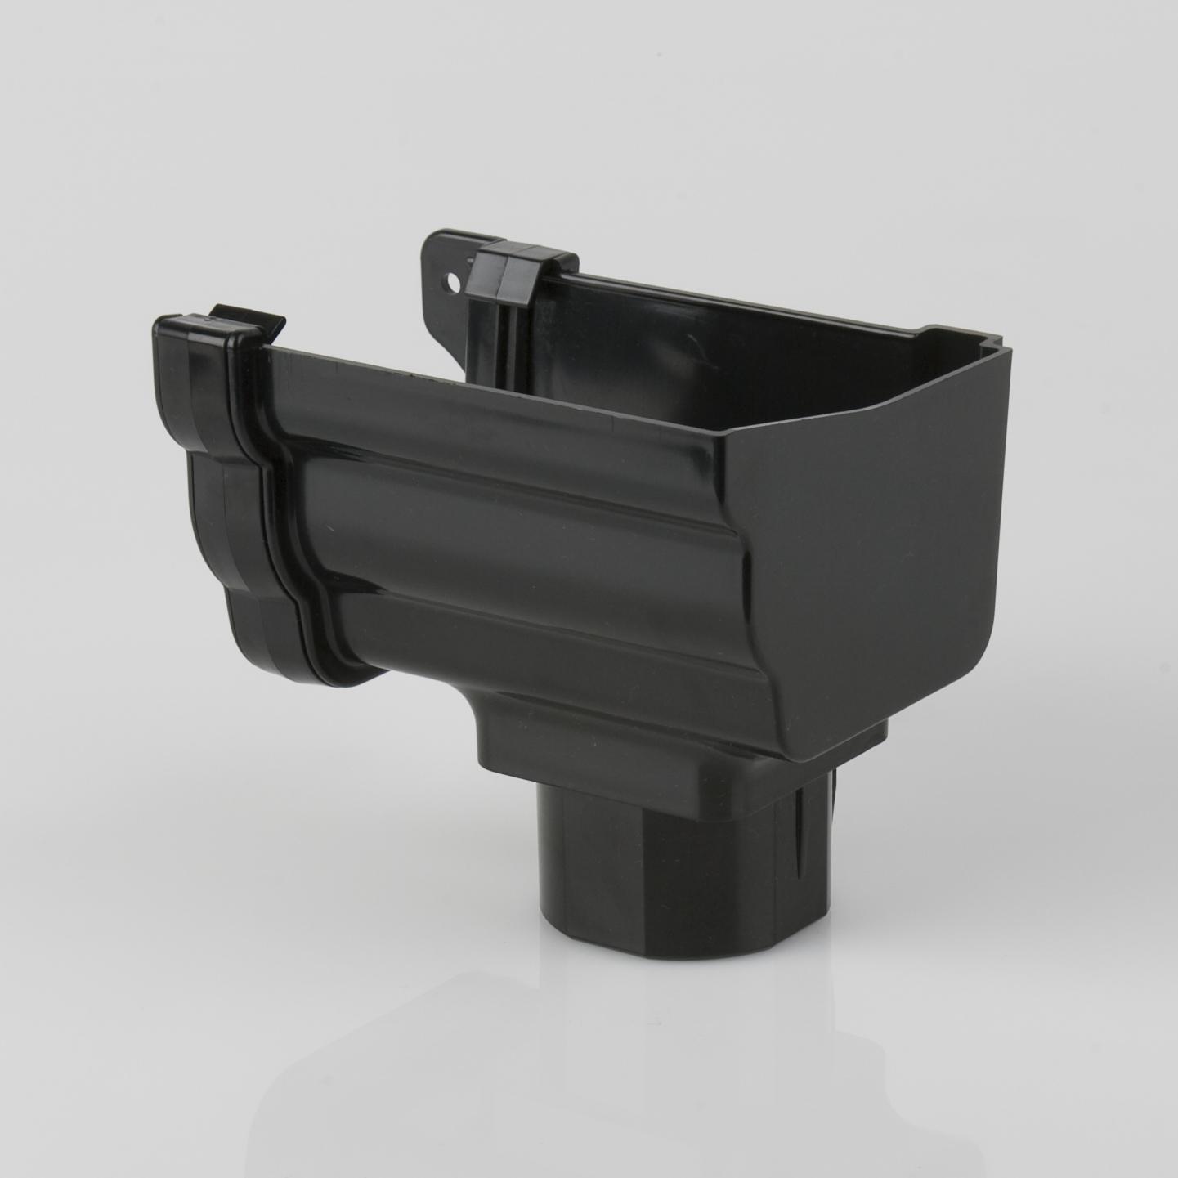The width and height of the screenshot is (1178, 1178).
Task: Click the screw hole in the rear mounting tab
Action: (450, 284)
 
